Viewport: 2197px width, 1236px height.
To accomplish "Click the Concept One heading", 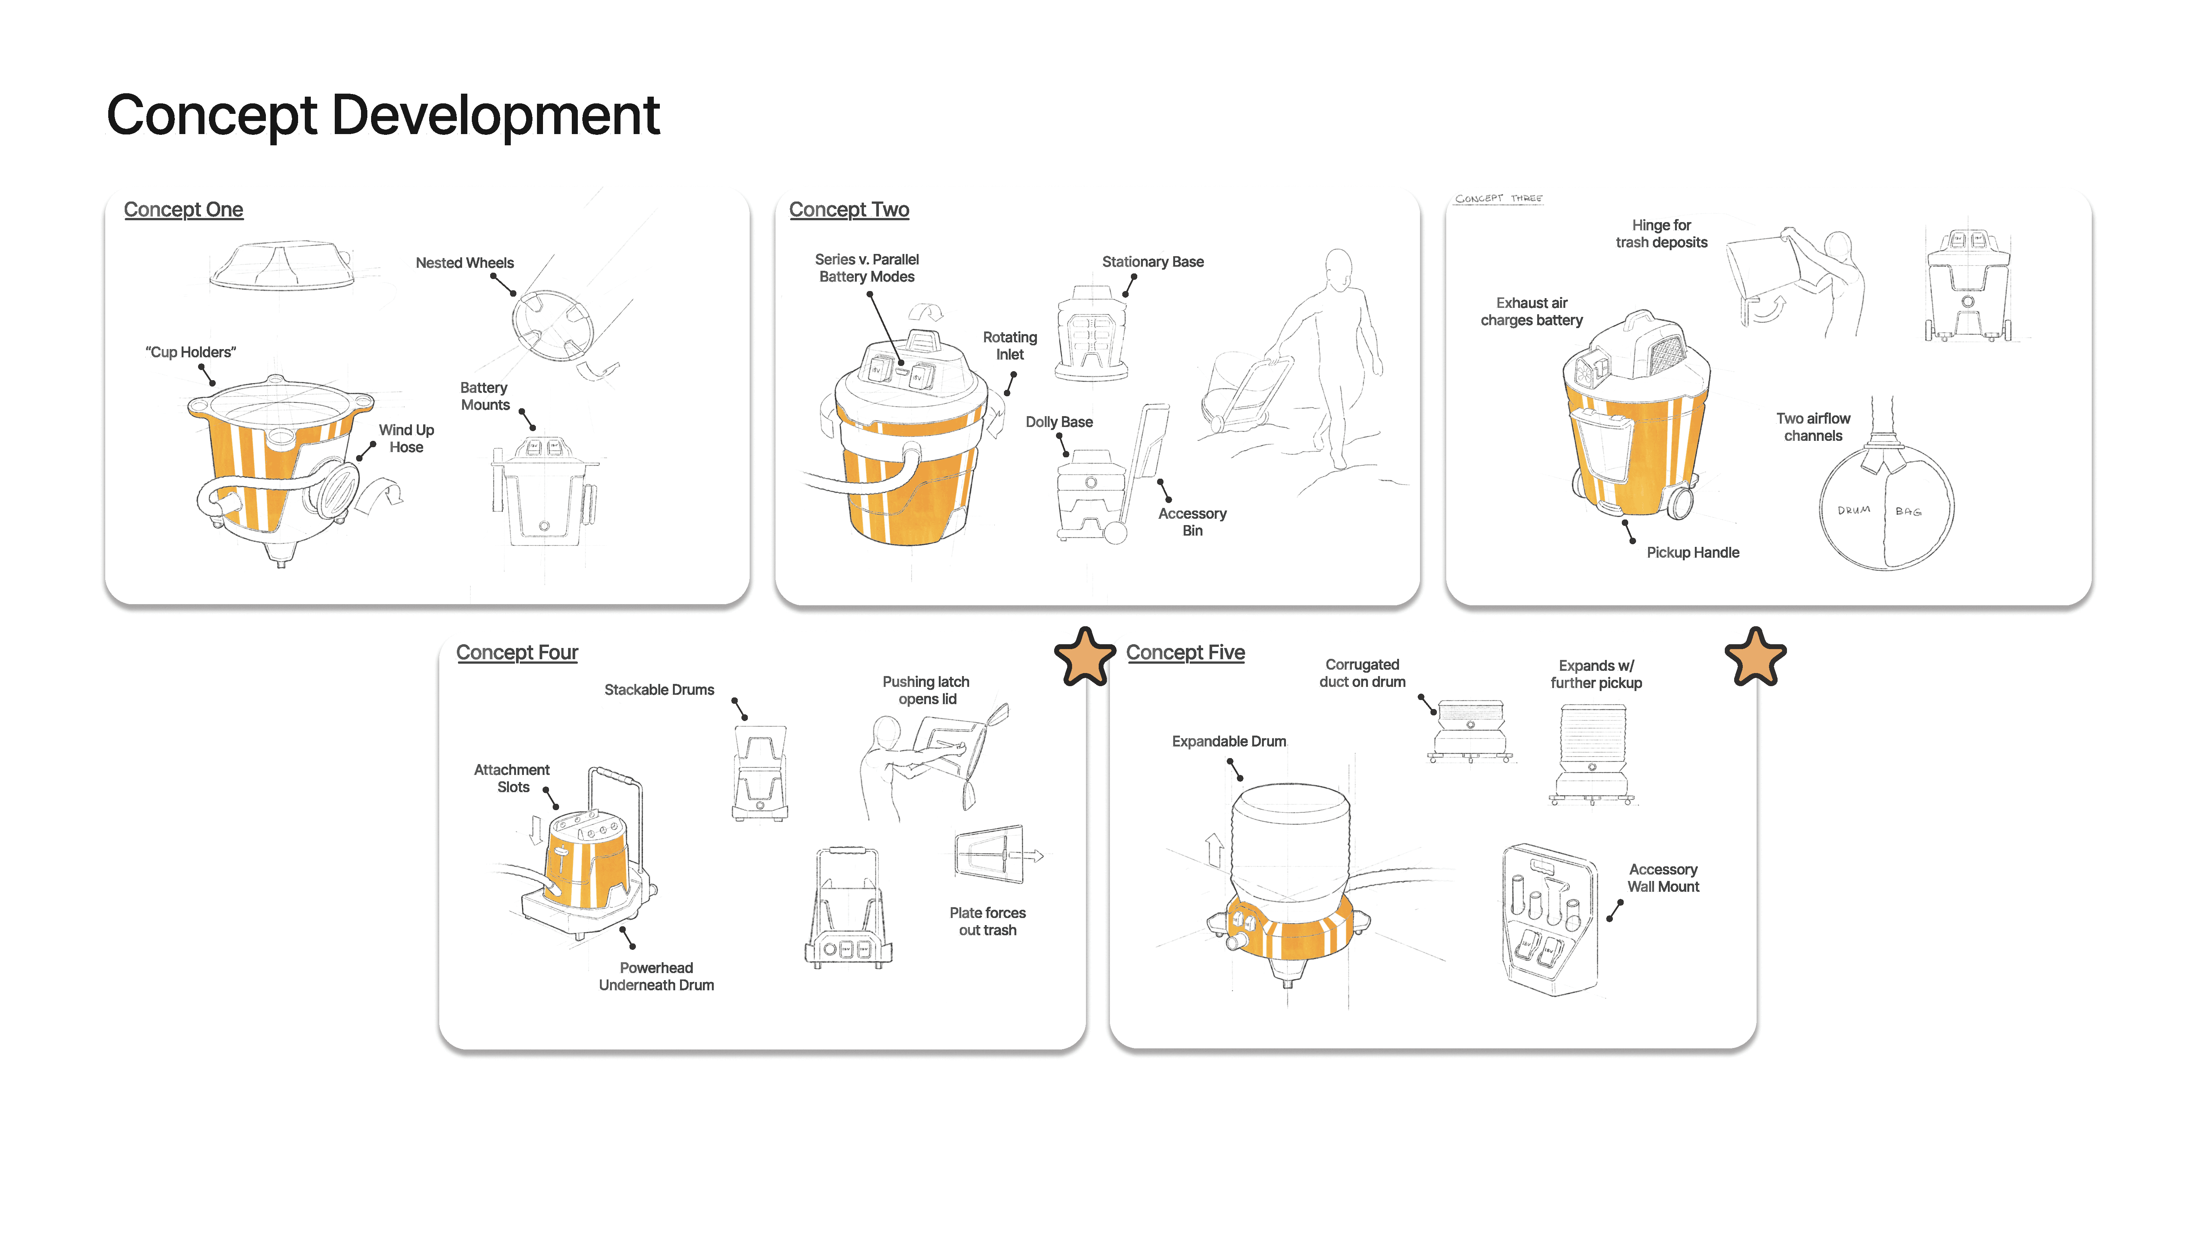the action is coord(183,210).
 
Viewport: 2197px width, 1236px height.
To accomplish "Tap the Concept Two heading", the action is coord(849,210).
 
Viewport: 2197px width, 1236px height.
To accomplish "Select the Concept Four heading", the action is coord(517,652).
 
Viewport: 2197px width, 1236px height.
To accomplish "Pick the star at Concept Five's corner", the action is coord(1755,657).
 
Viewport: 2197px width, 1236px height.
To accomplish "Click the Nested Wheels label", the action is coord(465,263).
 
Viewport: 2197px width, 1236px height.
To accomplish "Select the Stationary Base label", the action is coord(1152,262).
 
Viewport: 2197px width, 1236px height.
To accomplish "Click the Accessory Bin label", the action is coord(1192,522).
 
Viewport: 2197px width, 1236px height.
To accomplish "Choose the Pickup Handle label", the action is coord(1692,553).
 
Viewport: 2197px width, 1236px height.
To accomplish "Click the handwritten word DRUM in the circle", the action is coord(1853,510).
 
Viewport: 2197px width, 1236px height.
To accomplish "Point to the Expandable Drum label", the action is coord(1228,741).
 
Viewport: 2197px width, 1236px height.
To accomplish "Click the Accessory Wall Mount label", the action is coord(1663,878).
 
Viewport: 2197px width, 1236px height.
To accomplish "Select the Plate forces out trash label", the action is coord(987,921).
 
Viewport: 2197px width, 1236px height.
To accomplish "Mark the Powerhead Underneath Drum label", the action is coord(656,977).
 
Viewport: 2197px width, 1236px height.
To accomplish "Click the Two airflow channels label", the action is coord(1813,427).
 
